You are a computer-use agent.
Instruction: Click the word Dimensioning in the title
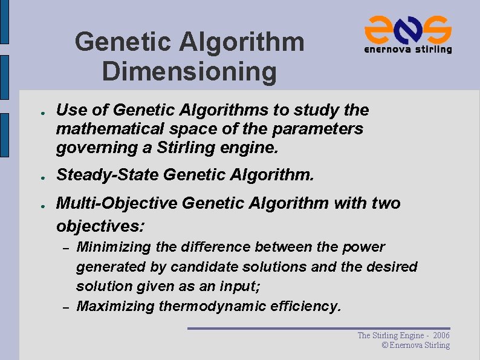[x=189, y=71]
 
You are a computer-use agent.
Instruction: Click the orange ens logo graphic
[x=407, y=28]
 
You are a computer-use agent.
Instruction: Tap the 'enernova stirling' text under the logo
[x=407, y=50]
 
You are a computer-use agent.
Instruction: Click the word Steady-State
[x=107, y=175]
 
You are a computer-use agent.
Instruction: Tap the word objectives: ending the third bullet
[x=100, y=226]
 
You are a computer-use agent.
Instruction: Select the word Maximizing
[x=115, y=306]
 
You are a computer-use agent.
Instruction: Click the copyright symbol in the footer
[x=384, y=345]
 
